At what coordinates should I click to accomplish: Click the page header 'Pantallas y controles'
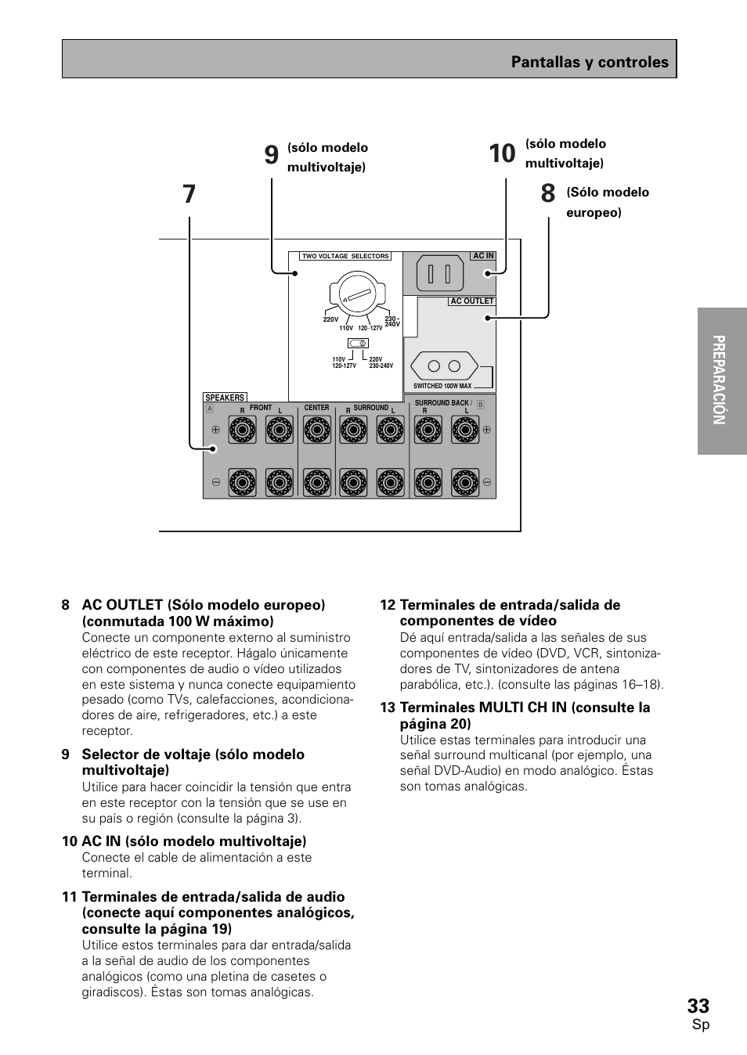click(590, 62)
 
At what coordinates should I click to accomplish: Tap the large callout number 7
click(189, 194)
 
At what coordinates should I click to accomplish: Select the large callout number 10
click(502, 153)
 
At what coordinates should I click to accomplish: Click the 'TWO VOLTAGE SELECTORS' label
click(345, 256)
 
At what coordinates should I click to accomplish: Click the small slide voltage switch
click(358, 343)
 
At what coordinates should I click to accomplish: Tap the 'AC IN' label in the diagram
click(483, 256)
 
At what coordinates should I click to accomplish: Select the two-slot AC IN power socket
click(440, 274)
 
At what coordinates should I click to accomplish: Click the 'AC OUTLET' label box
click(471, 301)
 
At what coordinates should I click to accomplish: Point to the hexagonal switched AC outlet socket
click(445, 366)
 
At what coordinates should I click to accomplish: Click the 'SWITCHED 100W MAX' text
click(442, 386)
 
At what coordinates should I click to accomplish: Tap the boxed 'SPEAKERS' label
click(225, 398)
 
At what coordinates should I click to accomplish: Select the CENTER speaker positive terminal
click(316, 430)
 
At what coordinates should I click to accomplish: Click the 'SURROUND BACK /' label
click(443, 403)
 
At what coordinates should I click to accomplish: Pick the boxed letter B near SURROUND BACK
click(481, 405)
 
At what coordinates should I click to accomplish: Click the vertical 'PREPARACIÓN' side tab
click(722, 380)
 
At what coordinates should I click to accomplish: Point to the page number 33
click(698, 1006)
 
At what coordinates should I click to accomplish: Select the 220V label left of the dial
click(330, 319)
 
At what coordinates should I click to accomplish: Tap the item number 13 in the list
click(388, 707)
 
